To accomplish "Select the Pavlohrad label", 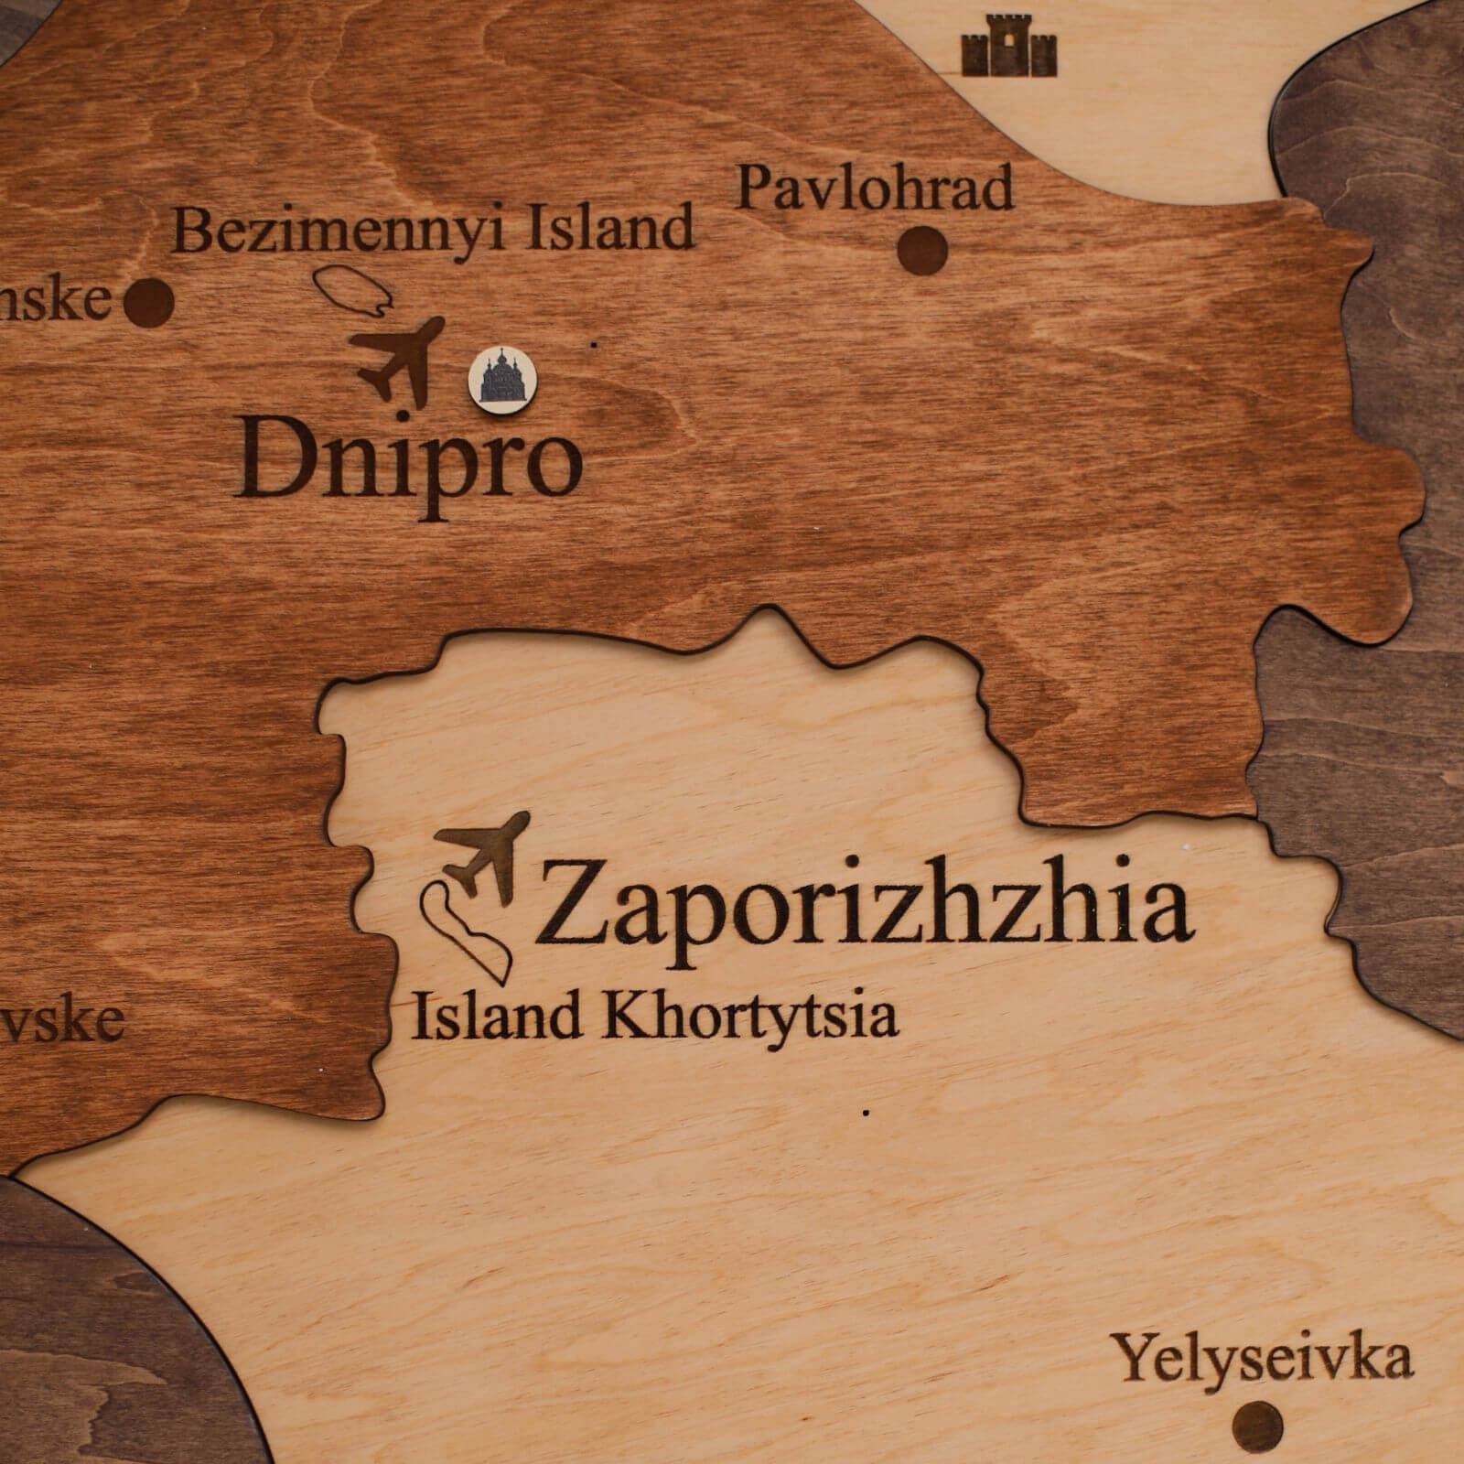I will pos(876,188).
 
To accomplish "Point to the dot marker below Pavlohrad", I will pos(921,249).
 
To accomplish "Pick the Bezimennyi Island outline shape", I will pos(355,291).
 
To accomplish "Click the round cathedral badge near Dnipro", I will pos(501,377).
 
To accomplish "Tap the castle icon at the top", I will pos(1009,46).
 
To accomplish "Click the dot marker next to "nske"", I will pos(149,303).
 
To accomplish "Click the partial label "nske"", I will pos(55,300).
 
